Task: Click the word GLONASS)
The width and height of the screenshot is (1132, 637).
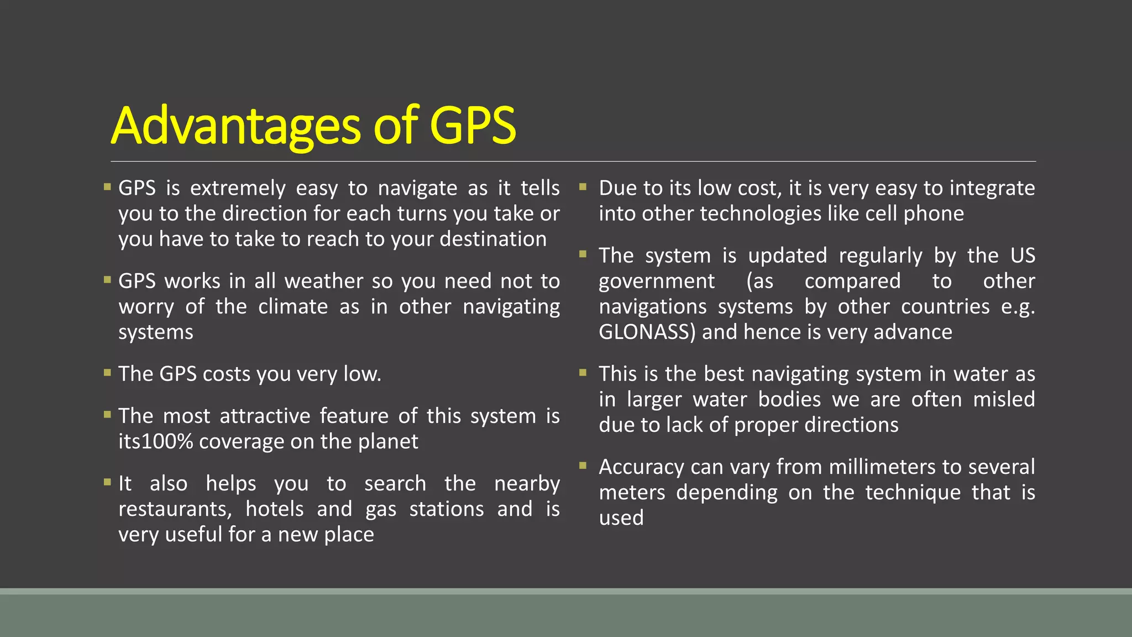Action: (x=647, y=332)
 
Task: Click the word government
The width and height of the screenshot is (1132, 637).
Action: (x=657, y=281)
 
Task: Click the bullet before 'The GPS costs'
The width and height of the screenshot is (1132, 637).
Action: (x=107, y=373)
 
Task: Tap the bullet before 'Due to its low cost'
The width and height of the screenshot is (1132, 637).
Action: (x=583, y=187)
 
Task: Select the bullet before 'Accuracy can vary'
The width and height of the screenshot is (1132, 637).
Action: (x=583, y=466)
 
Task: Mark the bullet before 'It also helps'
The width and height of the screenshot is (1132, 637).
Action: (x=107, y=482)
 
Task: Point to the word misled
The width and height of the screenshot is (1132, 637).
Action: (x=1004, y=399)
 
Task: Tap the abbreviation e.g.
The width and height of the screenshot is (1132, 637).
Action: (x=1018, y=306)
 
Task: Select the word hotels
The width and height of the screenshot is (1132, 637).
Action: (x=275, y=509)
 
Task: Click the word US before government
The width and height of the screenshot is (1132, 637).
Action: (x=1023, y=255)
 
